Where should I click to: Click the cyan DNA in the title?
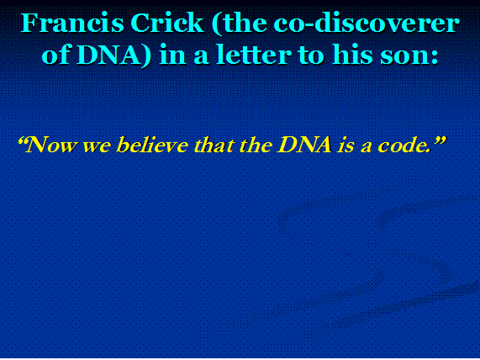(110, 56)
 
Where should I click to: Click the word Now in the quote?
(50, 145)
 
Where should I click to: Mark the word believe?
(152, 145)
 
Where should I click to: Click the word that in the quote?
(213, 145)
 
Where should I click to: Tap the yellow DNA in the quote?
(304, 145)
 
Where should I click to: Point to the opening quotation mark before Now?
(22, 141)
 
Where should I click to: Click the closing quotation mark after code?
(439, 141)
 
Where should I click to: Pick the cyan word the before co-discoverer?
(241, 24)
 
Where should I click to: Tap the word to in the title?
(312, 56)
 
